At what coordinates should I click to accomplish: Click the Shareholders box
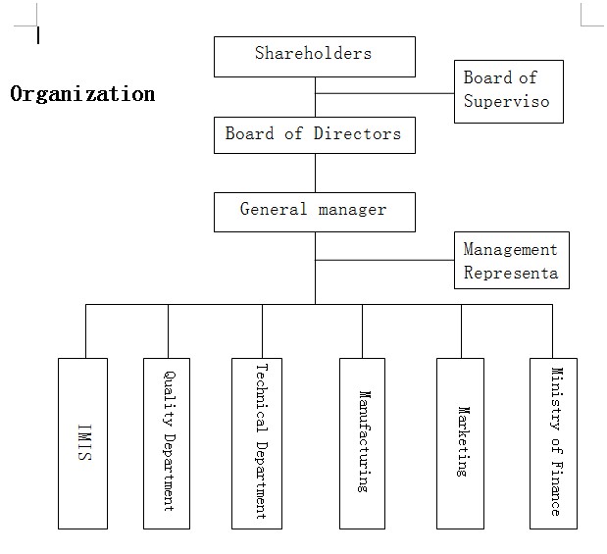click(x=314, y=56)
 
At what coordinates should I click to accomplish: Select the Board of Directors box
click(x=314, y=134)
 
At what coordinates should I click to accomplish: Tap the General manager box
click(x=314, y=211)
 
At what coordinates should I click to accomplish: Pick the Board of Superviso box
click(x=508, y=91)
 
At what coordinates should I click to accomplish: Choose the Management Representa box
click(x=511, y=261)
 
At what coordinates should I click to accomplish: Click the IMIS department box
click(x=82, y=442)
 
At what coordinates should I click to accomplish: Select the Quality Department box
click(x=168, y=442)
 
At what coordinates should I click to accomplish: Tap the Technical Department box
click(x=261, y=442)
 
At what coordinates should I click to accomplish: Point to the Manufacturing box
click(x=363, y=442)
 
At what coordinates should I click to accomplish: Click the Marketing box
click(x=461, y=442)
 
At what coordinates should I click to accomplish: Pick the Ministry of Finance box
click(x=553, y=442)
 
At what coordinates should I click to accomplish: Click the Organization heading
click(x=82, y=94)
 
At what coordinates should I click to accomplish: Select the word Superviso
click(x=506, y=101)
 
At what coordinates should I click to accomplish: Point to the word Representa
click(x=511, y=273)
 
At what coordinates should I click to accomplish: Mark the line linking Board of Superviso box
click(x=384, y=94)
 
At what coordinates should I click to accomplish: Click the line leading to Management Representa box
click(x=384, y=261)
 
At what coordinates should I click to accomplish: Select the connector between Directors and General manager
click(x=315, y=173)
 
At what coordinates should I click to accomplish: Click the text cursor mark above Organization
click(x=38, y=36)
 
